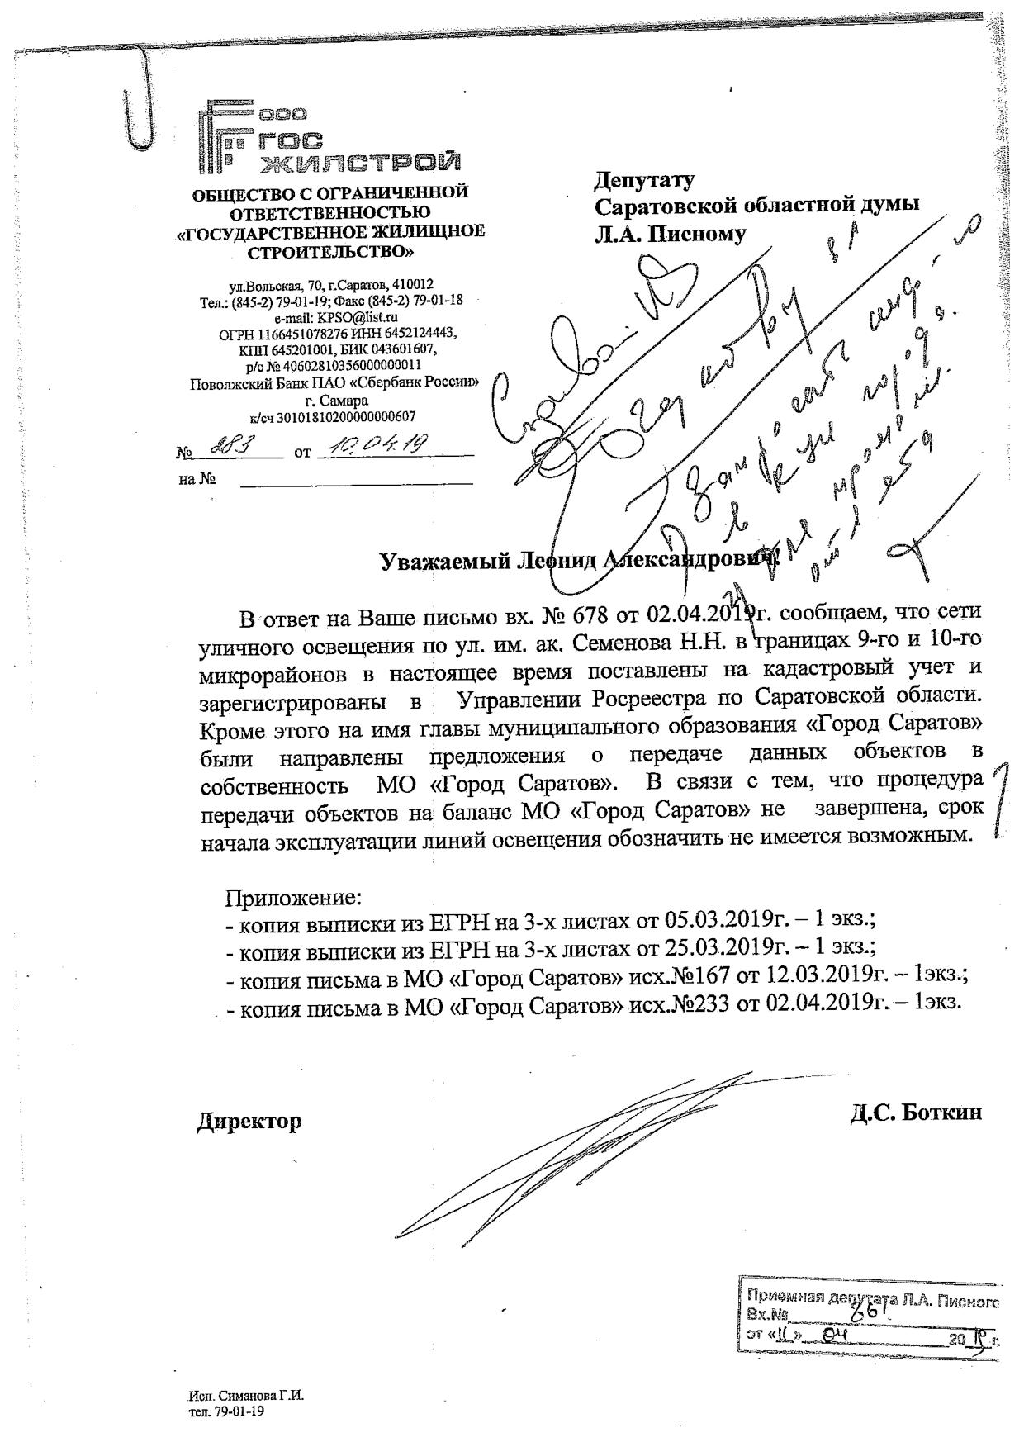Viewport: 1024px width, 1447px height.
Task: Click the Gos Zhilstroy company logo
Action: pyautogui.click(x=329, y=139)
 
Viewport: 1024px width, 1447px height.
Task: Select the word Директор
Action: pyautogui.click(x=249, y=1122)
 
